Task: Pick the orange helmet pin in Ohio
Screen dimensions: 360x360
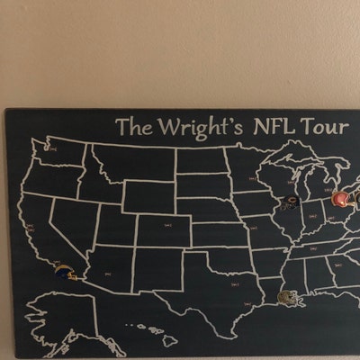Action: point(341,199)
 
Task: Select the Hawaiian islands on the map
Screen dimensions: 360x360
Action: point(153,334)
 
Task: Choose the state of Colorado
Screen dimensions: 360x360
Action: point(162,229)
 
